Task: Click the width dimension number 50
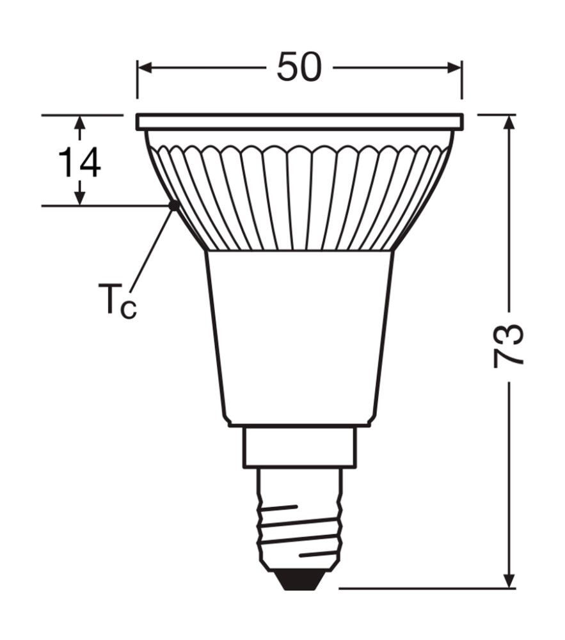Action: coord(299,67)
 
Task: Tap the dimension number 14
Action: coord(79,163)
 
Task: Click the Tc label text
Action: coord(117,300)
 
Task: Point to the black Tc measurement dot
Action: coord(173,205)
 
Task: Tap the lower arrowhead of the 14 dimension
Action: coord(79,198)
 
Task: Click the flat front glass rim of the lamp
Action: coord(299,122)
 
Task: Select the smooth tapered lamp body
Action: coord(299,333)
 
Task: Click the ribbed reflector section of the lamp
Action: coord(299,198)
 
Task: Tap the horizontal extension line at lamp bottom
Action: coord(422,588)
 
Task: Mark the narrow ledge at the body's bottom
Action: coord(299,424)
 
